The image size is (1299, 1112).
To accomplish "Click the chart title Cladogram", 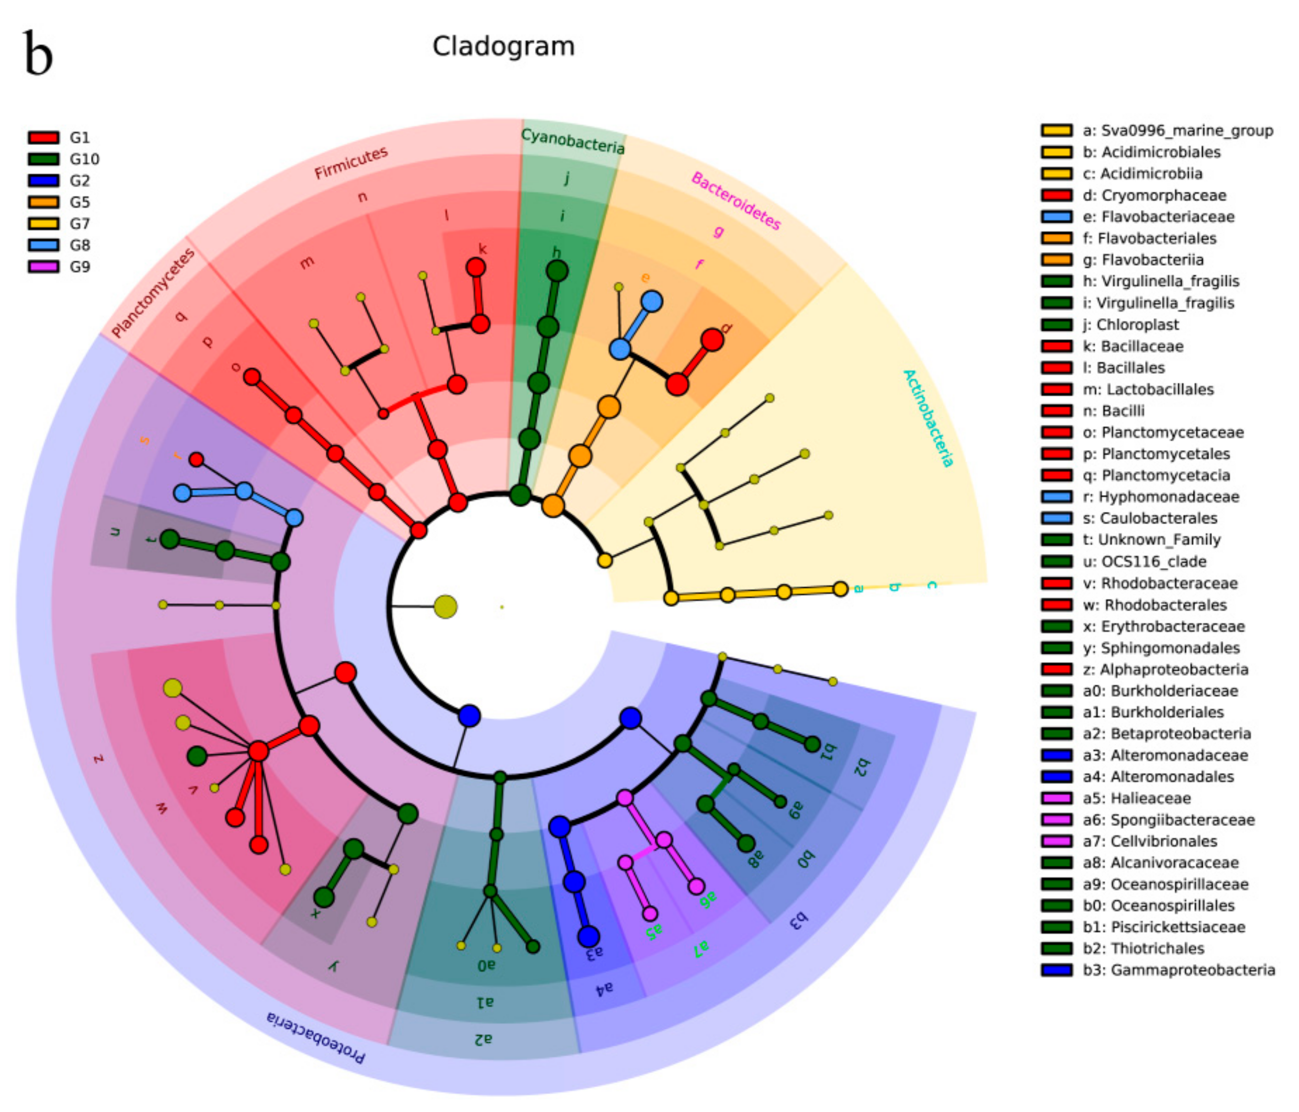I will [x=504, y=46].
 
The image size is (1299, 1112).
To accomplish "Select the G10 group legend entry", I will [x=84, y=159].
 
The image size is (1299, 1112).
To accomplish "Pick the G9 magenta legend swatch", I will [x=43, y=267].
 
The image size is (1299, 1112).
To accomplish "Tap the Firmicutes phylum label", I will [x=351, y=163].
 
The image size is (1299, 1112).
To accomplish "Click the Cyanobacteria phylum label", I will [x=573, y=141].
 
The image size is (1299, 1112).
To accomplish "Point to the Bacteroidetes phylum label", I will [x=736, y=201].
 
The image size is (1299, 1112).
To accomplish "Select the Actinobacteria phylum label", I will [x=929, y=418].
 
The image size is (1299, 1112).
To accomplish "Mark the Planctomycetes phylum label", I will [x=153, y=292].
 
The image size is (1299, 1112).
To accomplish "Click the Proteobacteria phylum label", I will [x=315, y=1038].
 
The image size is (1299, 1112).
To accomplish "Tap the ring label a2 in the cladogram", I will [x=483, y=1040].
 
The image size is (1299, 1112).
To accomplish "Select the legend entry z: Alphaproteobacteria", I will [x=1165, y=670].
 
